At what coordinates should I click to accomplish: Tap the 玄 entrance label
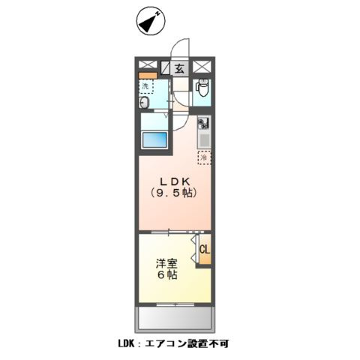pyautogui.click(x=180, y=68)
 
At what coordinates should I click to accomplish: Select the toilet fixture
pyautogui.click(x=201, y=90)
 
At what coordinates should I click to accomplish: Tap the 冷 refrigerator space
pyautogui.click(x=203, y=157)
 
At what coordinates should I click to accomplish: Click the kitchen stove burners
pyautogui.click(x=203, y=122)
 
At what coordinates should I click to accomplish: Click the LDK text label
pyautogui.click(x=173, y=181)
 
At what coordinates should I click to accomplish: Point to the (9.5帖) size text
pyautogui.click(x=173, y=194)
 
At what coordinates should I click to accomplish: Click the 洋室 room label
pyautogui.click(x=166, y=264)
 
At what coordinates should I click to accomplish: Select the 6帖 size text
pyautogui.click(x=166, y=276)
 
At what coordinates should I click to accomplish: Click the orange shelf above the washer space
pyautogui.click(x=147, y=76)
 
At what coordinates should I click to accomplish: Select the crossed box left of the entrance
pyautogui.click(x=147, y=67)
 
